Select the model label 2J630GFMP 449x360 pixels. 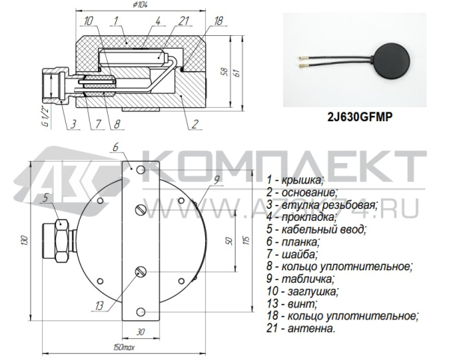360,117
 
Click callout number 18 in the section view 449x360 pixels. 218,22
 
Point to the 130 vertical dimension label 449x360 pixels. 23,241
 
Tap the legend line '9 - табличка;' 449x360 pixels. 301,278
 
